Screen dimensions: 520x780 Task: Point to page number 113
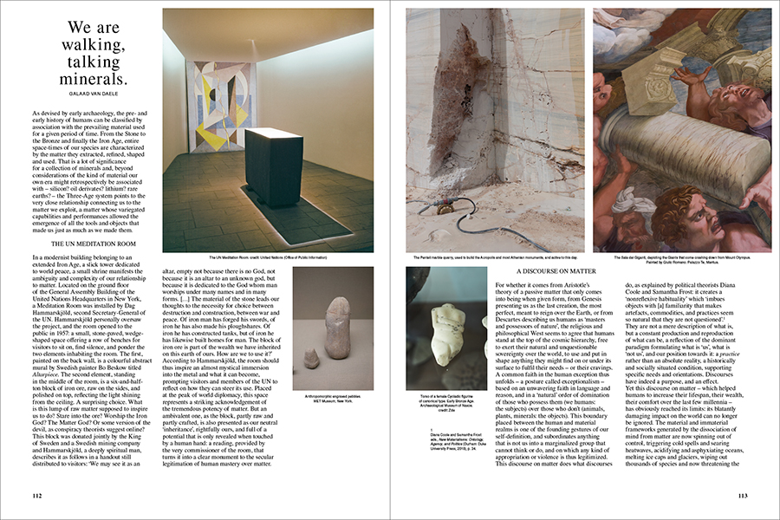tap(744, 495)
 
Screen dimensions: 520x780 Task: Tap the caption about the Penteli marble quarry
tap(495, 258)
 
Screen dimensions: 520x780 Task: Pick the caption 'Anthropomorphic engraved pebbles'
tap(333, 400)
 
